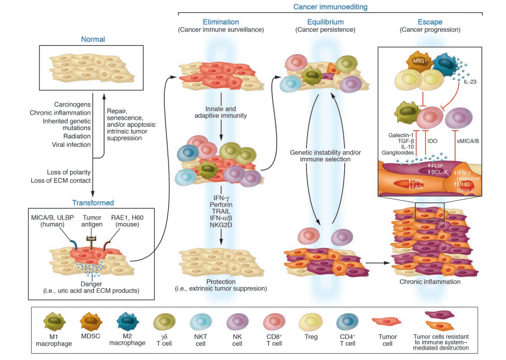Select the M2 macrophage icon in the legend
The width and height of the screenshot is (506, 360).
(127, 321)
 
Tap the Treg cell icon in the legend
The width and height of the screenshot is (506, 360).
(311, 322)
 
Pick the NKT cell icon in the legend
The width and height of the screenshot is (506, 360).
(201, 322)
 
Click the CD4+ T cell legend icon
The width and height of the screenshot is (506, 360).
(347, 322)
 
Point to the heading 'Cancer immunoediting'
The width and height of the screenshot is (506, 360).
(330, 7)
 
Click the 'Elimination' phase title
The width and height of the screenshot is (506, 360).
(221, 22)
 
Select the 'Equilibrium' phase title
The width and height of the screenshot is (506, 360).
(325, 22)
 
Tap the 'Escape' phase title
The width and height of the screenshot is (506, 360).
(430, 22)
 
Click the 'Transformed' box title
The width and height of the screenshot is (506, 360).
(93, 203)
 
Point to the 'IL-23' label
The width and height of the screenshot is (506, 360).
(470, 82)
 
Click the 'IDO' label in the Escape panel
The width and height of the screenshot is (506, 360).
(432, 141)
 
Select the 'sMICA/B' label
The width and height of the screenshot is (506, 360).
(467, 141)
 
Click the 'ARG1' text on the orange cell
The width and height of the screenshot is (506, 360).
(419, 61)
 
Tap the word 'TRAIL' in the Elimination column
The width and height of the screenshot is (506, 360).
(221, 211)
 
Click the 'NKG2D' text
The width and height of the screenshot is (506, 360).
(221, 225)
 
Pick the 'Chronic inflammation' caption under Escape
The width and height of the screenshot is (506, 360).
(430, 282)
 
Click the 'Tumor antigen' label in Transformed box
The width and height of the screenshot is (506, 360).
(92, 221)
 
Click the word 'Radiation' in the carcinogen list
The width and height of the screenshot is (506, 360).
(77, 136)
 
